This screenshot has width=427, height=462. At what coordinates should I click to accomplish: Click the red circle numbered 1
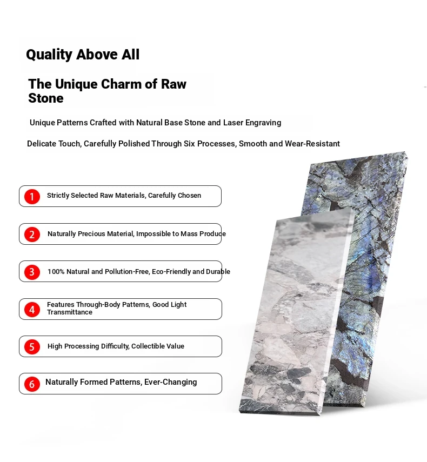(32, 197)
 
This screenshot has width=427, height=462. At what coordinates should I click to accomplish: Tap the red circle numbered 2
(32, 234)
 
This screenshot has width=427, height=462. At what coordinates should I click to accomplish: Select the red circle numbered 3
(32, 272)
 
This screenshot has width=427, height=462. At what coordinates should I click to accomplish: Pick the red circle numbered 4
(32, 310)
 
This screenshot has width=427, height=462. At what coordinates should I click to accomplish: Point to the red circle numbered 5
(32, 347)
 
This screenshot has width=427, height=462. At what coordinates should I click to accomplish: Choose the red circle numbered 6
(32, 384)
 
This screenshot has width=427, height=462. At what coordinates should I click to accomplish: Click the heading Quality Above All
(83, 55)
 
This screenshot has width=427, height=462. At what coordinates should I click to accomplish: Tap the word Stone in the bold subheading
(46, 98)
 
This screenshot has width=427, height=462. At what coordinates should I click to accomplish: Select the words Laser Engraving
(252, 123)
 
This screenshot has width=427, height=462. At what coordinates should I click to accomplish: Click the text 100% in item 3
(56, 271)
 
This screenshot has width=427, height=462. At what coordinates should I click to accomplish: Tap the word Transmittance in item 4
(70, 312)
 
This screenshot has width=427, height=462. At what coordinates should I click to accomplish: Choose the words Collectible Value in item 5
(158, 346)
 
